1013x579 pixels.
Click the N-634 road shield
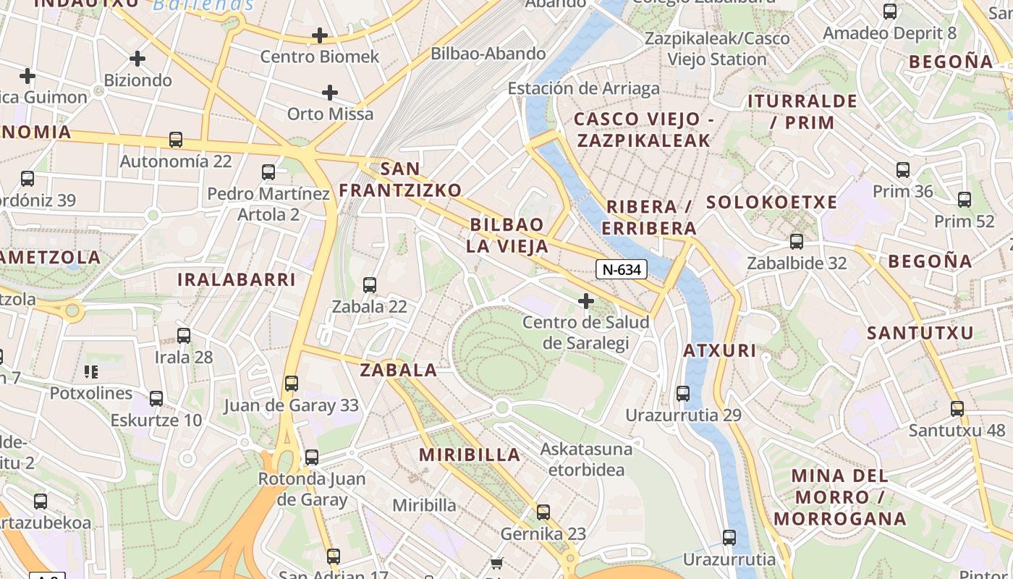click(621, 270)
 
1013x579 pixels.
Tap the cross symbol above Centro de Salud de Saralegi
click(586, 300)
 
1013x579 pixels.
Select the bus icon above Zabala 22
click(370, 285)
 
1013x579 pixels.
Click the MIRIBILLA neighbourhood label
click(470, 455)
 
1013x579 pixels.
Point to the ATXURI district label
click(720, 351)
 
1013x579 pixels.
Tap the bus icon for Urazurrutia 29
click(683, 394)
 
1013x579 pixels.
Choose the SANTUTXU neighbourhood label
click(920, 333)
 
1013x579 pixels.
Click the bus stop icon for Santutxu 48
click(957, 409)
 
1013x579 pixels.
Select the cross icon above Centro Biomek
click(319, 35)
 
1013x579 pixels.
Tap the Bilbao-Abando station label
click(488, 54)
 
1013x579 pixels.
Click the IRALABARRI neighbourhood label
click(237, 279)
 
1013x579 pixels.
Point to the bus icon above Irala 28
click(184, 336)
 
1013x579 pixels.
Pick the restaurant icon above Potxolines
click(91, 372)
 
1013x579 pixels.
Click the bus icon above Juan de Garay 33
click(292, 384)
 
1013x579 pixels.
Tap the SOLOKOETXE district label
click(771, 202)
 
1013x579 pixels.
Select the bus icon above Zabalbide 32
click(797, 242)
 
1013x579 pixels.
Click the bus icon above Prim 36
click(903, 170)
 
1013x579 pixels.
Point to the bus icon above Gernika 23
click(543, 512)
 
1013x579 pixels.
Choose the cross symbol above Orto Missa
click(330, 93)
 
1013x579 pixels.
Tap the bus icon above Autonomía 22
click(176, 140)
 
